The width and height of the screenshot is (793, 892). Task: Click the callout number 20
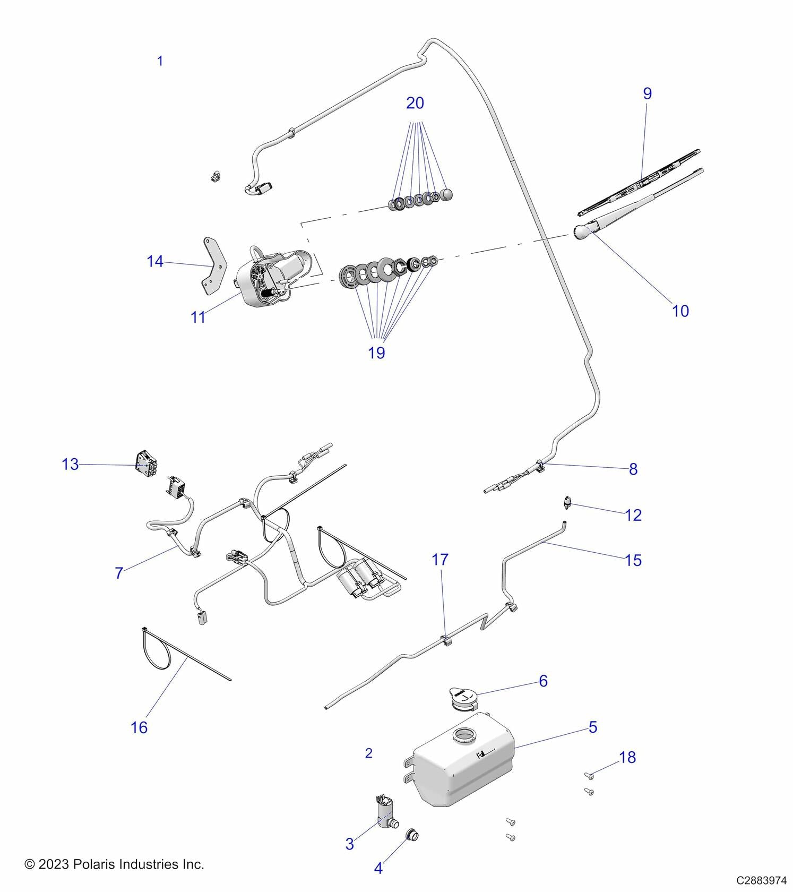pos(415,103)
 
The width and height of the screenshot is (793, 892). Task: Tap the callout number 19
pos(376,353)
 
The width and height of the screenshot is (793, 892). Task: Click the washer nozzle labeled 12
pos(566,502)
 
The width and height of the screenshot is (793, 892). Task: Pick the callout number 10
pos(680,311)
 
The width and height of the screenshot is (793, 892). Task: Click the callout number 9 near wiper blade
pos(647,93)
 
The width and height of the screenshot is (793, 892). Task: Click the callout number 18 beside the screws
pos(627,757)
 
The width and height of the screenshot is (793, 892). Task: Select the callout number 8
pos(633,469)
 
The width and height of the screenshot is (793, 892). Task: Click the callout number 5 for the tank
pos(593,727)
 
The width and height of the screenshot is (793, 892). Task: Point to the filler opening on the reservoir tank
pos(464,736)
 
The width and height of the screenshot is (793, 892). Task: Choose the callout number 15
pos(633,560)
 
